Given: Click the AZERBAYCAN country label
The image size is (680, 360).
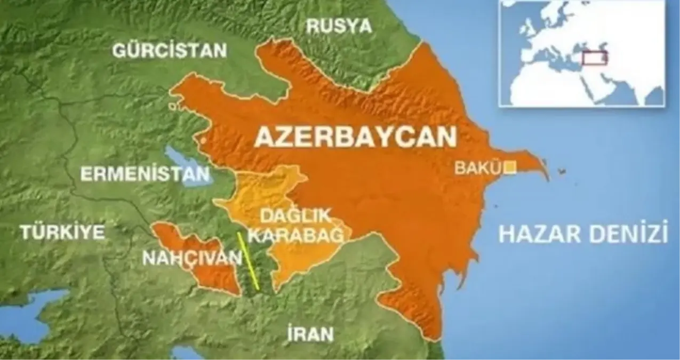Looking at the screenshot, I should point(356,137).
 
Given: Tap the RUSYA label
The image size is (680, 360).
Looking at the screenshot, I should point(339,25).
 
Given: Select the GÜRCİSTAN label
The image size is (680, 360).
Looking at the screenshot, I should point(170,51).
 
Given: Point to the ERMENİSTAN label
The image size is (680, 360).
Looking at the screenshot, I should point(145,174).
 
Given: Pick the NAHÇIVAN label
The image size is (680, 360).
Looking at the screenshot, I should point(191,258).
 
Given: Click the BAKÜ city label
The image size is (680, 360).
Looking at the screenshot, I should point(477,168).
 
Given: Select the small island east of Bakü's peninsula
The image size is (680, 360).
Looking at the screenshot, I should point(562,172).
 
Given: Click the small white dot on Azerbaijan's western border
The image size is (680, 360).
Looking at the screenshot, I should point(203,140).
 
